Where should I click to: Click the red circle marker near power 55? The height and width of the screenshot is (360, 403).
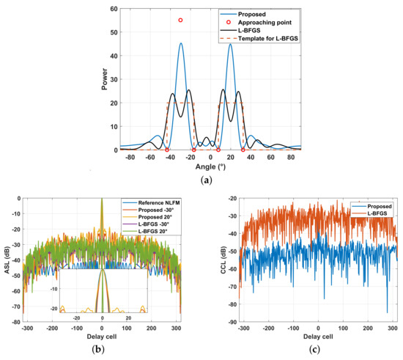click(x=181, y=21)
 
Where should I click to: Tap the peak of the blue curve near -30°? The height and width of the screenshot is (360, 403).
click(x=181, y=43)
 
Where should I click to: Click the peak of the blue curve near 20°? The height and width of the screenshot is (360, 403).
click(x=231, y=44)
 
